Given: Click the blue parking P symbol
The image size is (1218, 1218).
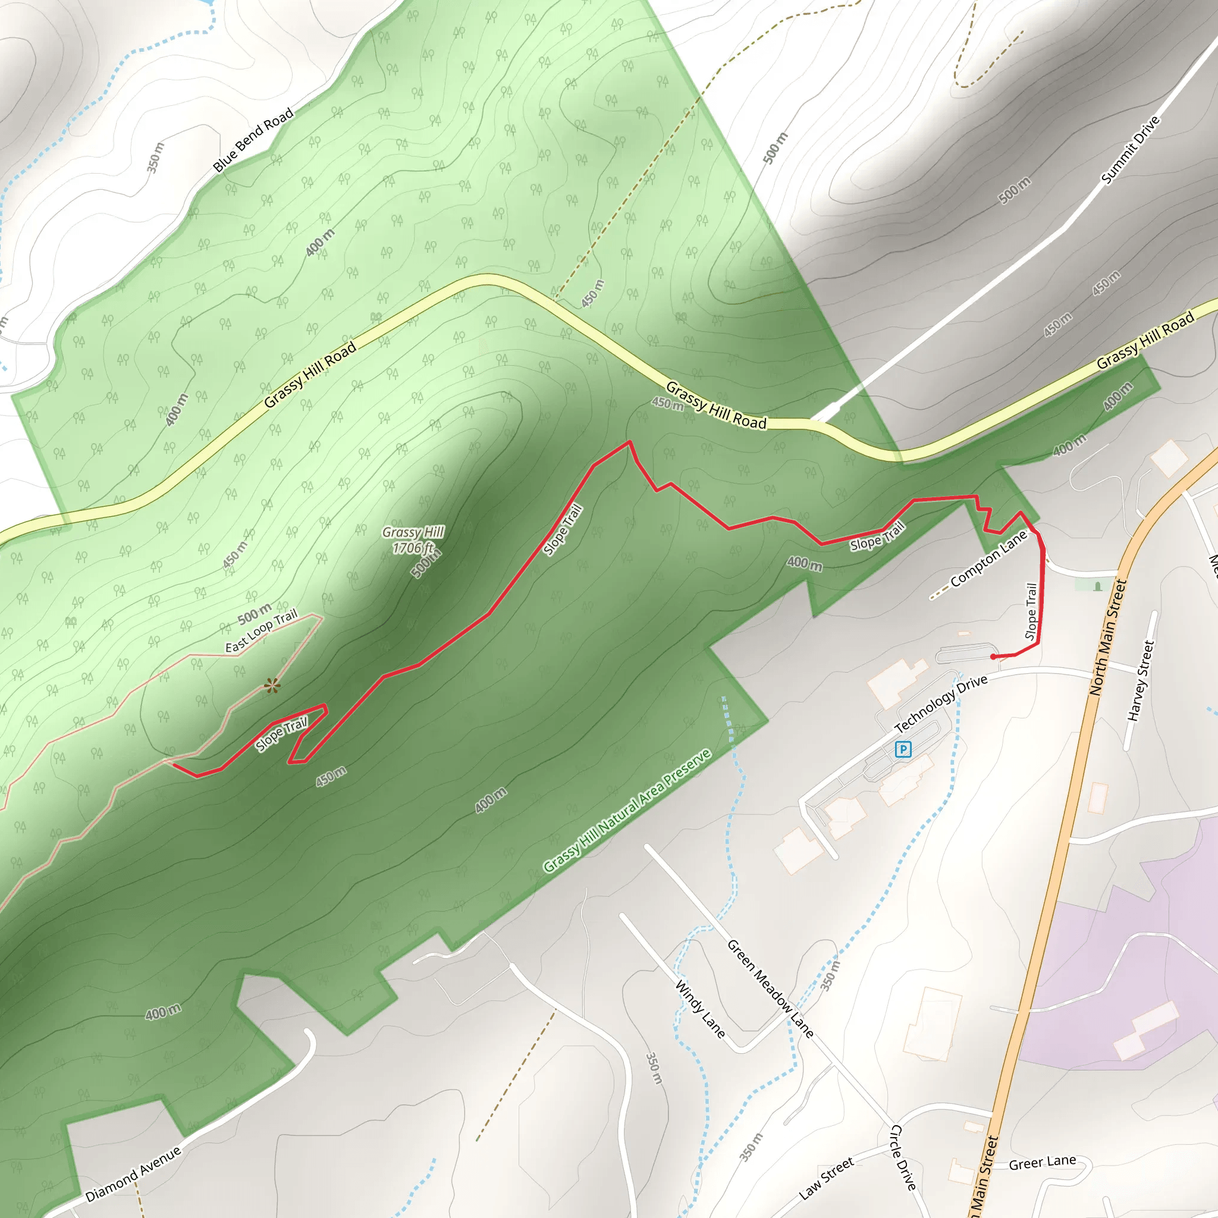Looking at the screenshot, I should pyautogui.click(x=903, y=749).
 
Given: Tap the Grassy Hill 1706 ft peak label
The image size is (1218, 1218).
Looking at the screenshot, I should pyautogui.click(x=413, y=540).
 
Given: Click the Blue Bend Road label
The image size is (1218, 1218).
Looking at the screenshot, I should pyautogui.click(x=253, y=140).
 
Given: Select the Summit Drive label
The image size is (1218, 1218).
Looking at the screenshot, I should pyautogui.click(x=1131, y=150).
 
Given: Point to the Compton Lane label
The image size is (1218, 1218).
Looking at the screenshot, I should pyautogui.click(x=988, y=558).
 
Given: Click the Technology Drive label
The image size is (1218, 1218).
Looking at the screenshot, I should pyautogui.click(x=941, y=704).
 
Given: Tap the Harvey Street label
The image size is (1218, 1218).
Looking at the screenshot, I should pyautogui.click(x=1141, y=681).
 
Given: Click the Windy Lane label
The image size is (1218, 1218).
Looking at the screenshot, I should pyautogui.click(x=700, y=1009).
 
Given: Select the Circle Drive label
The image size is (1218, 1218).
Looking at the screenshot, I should pyautogui.click(x=903, y=1157).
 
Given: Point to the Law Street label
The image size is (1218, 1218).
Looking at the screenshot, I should pyautogui.click(x=826, y=1178).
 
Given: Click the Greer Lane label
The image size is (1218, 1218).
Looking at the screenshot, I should pyautogui.click(x=1042, y=1163).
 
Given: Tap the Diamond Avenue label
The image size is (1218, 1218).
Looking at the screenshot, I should pyautogui.click(x=133, y=1174).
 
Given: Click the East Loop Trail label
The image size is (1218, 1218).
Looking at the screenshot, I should pyautogui.click(x=261, y=631).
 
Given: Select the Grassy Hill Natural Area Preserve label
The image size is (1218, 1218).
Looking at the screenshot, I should pyautogui.click(x=627, y=811).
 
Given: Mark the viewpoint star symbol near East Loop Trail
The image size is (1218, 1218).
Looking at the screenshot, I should pyautogui.click(x=272, y=685).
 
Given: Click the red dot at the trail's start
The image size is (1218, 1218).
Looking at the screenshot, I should pyautogui.click(x=994, y=657).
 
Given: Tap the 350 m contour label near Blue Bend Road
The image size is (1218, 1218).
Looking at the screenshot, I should pyautogui.click(x=155, y=158).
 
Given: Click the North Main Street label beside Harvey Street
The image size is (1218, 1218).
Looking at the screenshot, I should pyautogui.click(x=1107, y=638).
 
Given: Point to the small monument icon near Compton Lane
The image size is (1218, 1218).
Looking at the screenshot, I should pyautogui.click(x=1098, y=586).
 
